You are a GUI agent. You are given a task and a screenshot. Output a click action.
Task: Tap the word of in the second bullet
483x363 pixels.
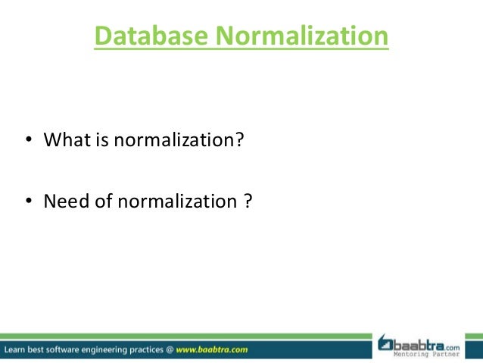pos(103,202)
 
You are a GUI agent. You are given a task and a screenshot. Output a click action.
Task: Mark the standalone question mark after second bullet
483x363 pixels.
pos(248,202)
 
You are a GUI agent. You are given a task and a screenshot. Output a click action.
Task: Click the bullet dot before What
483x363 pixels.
pos(28,141)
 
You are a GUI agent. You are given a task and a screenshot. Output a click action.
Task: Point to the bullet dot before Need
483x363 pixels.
pos(28,202)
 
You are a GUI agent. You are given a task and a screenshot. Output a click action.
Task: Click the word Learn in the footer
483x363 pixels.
pos(17,350)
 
